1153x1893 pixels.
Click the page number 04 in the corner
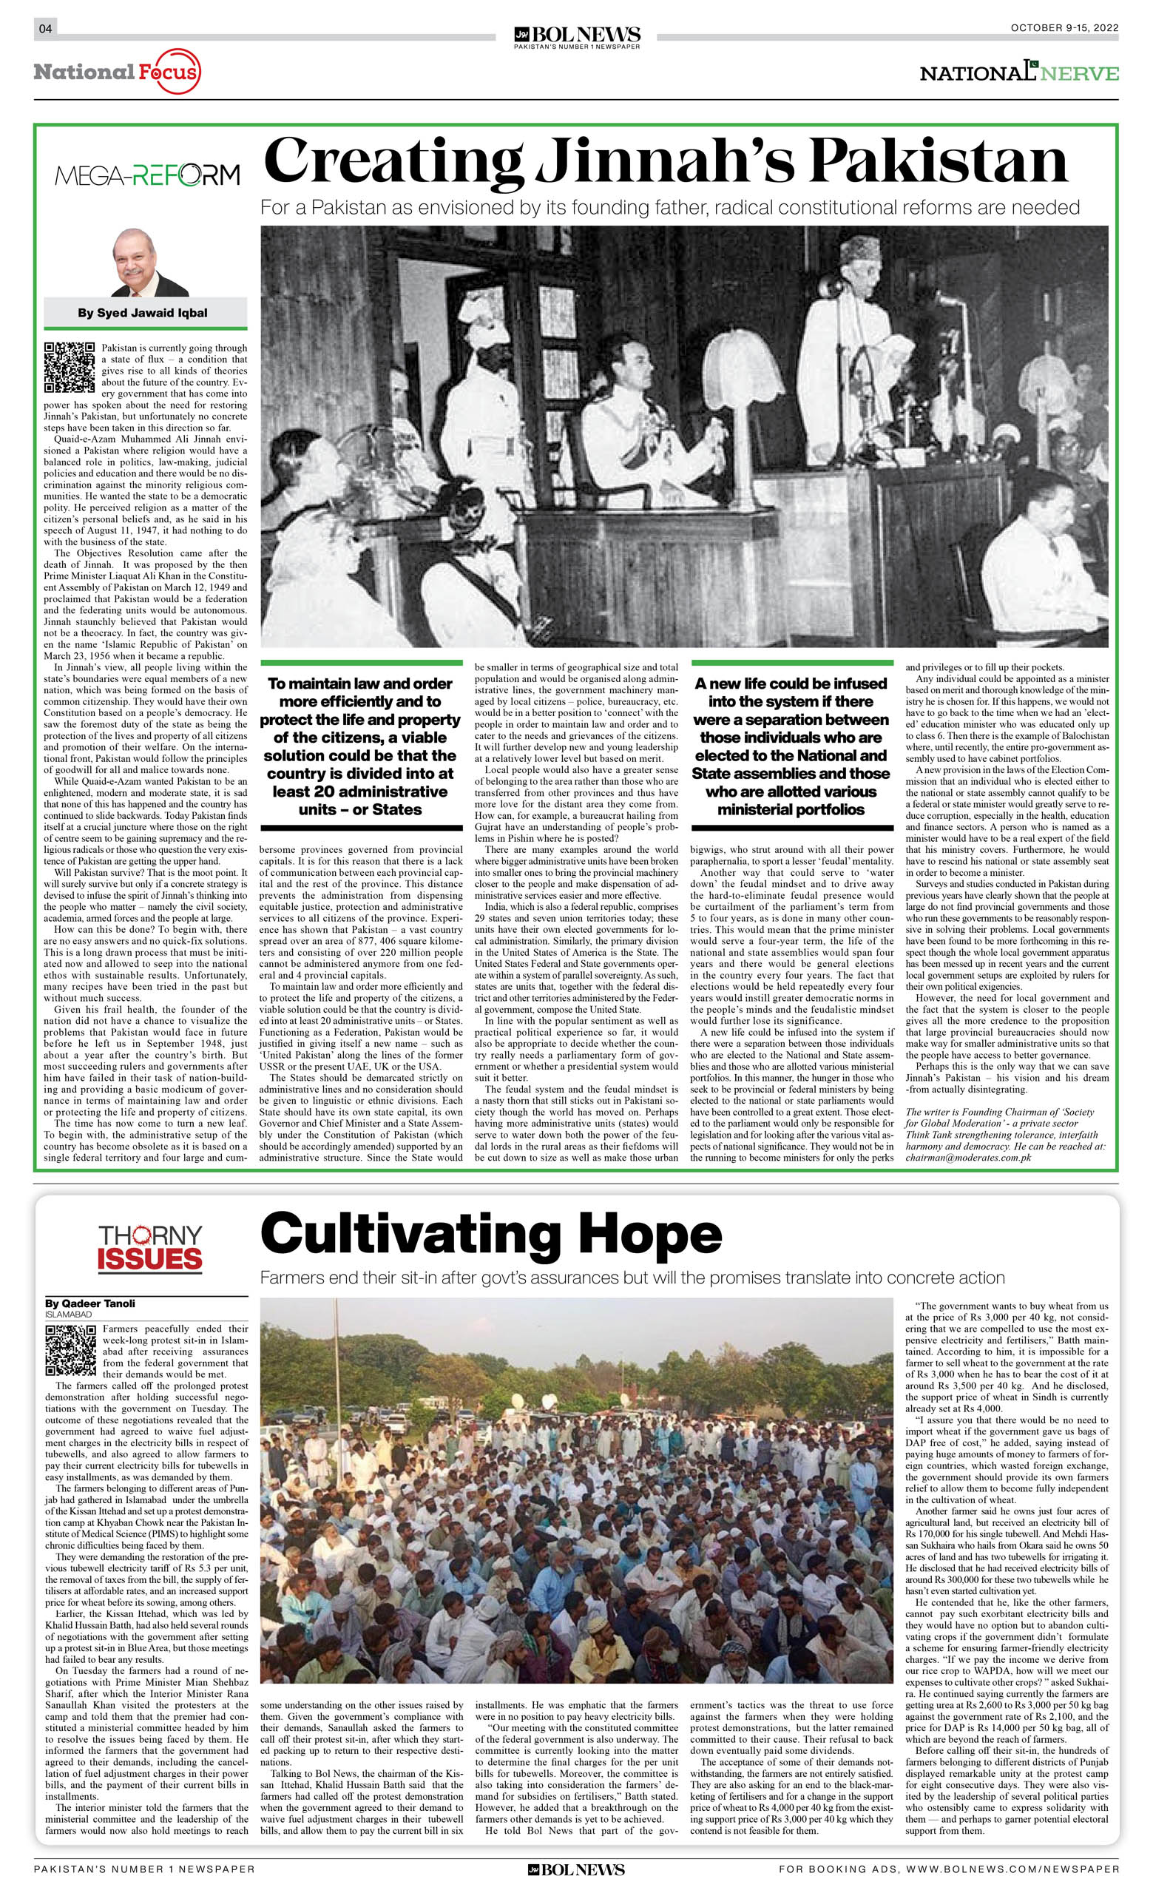pyautogui.click(x=44, y=29)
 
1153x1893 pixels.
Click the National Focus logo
pyautogui.click(x=117, y=73)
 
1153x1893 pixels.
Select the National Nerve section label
pyautogui.click(x=1018, y=73)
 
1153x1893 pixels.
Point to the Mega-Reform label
pyautogui.click(x=146, y=175)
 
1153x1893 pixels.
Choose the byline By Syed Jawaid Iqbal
pyautogui.click(x=142, y=313)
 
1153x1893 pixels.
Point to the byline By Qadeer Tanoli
pyautogui.click(x=90, y=1303)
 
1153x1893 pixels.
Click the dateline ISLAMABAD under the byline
pyautogui.click(x=68, y=1314)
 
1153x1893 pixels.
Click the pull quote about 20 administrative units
pyautogui.click(x=360, y=746)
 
